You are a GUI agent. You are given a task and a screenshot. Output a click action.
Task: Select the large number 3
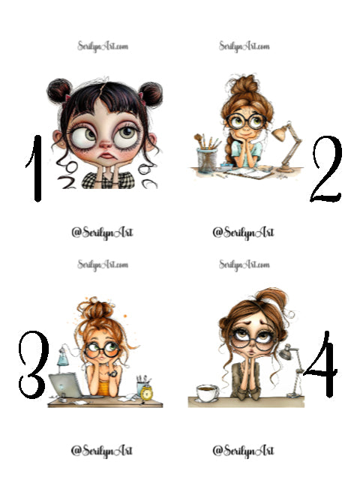tap(34, 365)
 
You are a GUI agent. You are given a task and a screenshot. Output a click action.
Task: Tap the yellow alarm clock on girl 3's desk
tap(145, 390)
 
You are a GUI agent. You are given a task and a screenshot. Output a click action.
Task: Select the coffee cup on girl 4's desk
tap(206, 392)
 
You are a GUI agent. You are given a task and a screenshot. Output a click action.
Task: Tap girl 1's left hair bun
tap(59, 91)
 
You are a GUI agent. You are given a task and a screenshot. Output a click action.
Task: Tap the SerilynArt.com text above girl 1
tap(102, 46)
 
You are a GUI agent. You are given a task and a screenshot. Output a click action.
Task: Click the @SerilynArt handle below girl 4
tap(243, 450)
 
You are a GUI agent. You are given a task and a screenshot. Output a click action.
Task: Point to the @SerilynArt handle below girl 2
tap(243, 232)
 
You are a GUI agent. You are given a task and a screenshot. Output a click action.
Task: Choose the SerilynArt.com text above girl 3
tap(102, 265)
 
